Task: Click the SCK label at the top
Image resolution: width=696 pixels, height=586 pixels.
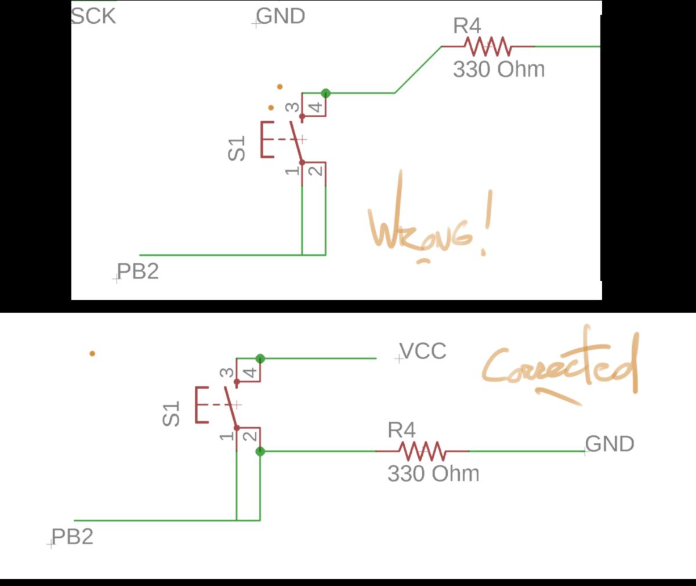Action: (93, 16)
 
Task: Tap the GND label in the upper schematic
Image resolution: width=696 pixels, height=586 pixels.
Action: (281, 16)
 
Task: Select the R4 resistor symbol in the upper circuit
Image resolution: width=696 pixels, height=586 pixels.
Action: (487, 46)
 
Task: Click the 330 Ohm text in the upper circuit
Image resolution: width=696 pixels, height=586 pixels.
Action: (499, 70)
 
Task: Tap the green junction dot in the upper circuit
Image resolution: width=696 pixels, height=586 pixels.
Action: (326, 93)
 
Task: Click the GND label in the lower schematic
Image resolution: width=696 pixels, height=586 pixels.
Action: (610, 444)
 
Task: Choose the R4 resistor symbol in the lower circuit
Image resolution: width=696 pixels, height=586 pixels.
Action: (422, 451)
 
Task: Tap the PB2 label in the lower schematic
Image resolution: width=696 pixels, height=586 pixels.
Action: (72, 537)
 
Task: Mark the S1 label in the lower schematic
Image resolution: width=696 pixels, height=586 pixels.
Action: (172, 414)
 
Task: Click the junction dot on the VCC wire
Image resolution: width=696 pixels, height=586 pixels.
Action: (260, 359)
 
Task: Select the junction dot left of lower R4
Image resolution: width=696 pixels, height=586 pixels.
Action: (260, 451)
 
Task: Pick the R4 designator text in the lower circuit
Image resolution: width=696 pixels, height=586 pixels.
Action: (401, 431)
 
